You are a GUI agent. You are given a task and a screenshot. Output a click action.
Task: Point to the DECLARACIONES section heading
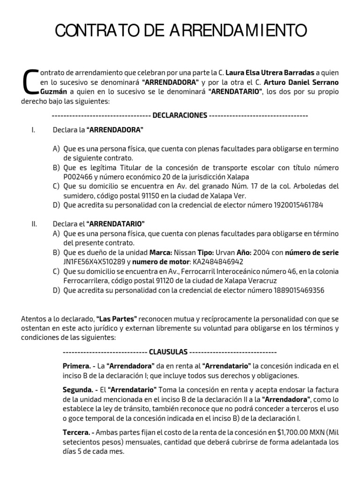180,115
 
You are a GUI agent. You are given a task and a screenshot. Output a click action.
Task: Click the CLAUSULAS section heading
168,352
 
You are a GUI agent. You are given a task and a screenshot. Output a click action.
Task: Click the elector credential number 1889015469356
299,290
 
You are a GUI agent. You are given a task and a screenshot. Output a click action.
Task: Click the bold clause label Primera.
76,366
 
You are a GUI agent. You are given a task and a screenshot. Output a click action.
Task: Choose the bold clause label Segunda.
77,390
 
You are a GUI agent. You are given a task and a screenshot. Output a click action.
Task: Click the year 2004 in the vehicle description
264,252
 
